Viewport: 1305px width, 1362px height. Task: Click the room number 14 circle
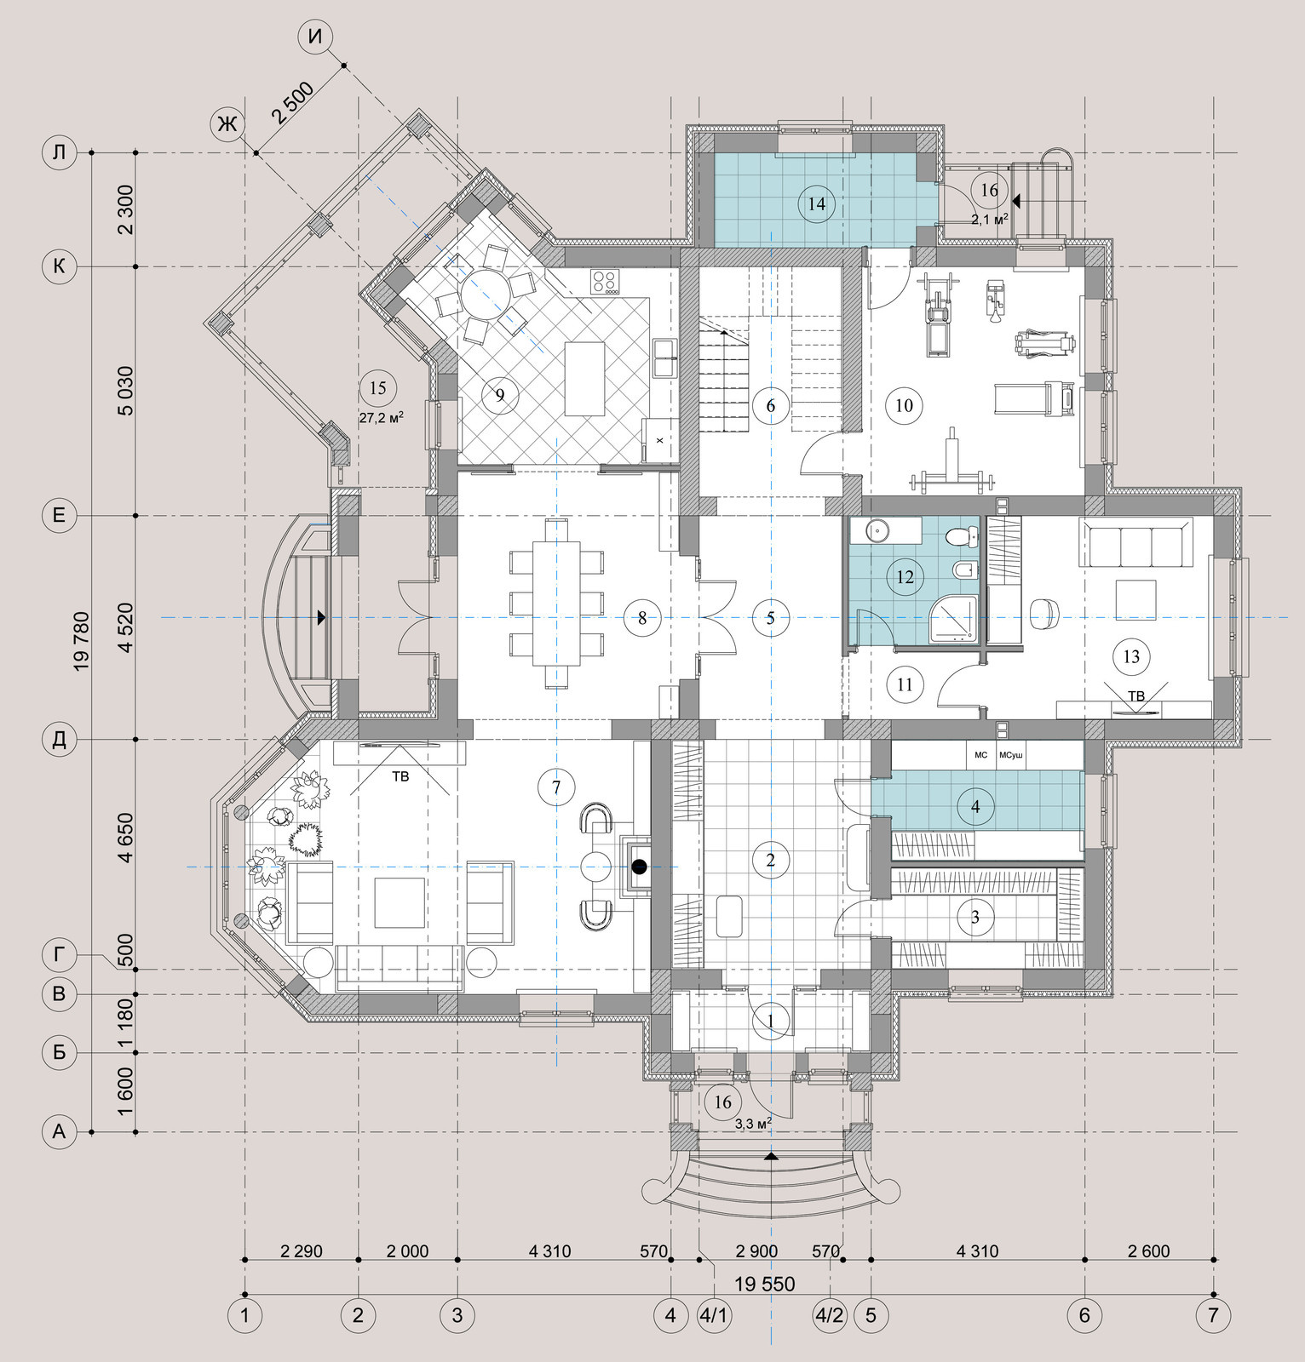(816, 203)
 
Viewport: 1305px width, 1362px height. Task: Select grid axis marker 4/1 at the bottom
(714, 1315)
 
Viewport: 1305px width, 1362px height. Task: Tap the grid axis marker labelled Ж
(227, 125)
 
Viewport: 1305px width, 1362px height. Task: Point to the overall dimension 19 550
(764, 1284)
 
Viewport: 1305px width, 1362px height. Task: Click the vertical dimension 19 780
(82, 639)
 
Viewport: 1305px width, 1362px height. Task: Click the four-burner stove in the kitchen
(605, 281)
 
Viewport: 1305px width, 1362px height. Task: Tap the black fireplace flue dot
(640, 867)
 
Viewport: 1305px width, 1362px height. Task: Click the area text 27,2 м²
(381, 418)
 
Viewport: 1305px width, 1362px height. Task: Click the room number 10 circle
(904, 404)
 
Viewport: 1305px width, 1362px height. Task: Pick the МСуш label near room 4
(1011, 754)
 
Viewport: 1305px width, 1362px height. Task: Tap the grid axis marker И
(315, 37)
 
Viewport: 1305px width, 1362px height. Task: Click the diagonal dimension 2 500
(295, 104)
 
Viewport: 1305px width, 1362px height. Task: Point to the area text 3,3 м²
(753, 1124)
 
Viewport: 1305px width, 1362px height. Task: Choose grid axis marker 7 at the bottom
(1213, 1315)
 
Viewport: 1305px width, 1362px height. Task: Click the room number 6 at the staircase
(771, 404)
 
